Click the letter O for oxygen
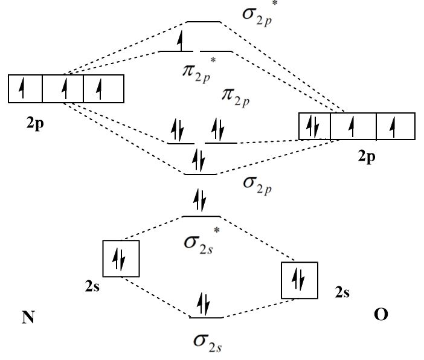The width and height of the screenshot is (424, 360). click(x=381, y=315)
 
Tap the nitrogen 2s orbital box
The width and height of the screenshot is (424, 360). click(x=121, y=259)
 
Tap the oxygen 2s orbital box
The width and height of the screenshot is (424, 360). click(x=299, y=280)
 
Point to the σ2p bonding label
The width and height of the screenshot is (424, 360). click(x=257, y=184)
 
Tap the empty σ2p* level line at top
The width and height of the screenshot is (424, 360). click(x=203, y=22)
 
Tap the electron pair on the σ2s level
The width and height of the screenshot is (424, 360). click(x=204, y=303)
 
